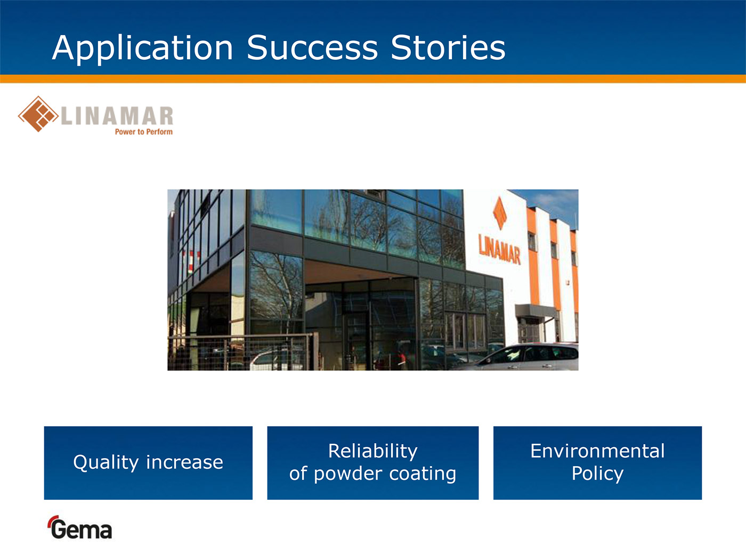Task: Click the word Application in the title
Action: [142, 49]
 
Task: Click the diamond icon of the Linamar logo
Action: [38, 114]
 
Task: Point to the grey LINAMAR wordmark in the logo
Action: [117, 116]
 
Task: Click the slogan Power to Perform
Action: [144, 132]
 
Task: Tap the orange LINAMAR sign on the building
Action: [499, 249]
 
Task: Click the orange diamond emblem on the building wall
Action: [500, 213]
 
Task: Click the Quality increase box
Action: [148, 463]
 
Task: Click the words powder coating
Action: [385, 474]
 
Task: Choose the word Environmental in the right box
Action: [597, 451]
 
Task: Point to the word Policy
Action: [597, 474]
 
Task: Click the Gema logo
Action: [80, 527]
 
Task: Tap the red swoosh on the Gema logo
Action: [52, 520]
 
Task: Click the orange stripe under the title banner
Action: [373, 78]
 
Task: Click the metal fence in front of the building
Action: [243, 352]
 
